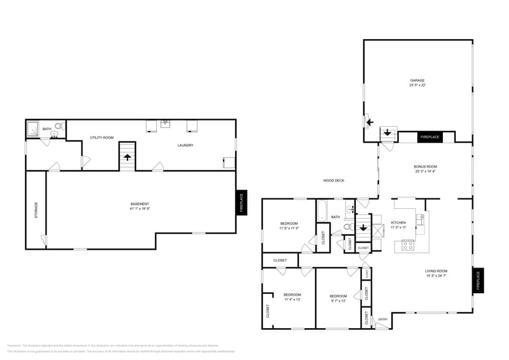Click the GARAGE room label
pyautogui.click(x=417, y=80)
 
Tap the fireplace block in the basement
pyautogui.click(x=241, y=202)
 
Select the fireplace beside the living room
pyautogui.click(x=478, y=280)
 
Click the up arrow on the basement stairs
pyautogui.click(x=127, y=157)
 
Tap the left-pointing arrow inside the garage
pyautogui.click(x=369, y=122)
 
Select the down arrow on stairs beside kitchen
pyautogui.click(x=363, y=228)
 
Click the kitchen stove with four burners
pyautogui.click(x=408, y=245)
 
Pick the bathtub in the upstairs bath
pyautogui.click(x=322, y=211)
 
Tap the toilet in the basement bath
pyautogui.click(x=59, y=127)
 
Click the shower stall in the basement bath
pyautogui.click(x=32, y=129)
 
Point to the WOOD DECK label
pyautogui.click(x=334, y=181)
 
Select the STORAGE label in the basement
pyautogui.click(x=36, y=210)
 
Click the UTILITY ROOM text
pyautogui.click(x=102, y=138)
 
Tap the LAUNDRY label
pyautogui.click(x=186, y=145)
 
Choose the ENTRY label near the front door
pyautogui.click(x=383, y=319)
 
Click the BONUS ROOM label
pyautogui.click(x=425, y=166)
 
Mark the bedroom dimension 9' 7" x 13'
pyautogui.click(x=338, y=300)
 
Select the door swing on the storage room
pyautogui.click(x=43, y=240)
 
